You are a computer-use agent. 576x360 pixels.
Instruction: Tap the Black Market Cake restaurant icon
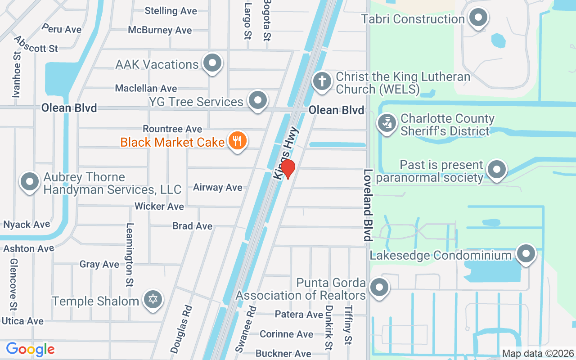[x=237, y=141]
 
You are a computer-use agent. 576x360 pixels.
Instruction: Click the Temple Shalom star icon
[x=153, y=299]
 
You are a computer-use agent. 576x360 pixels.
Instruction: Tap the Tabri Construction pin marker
[x=478, y=18]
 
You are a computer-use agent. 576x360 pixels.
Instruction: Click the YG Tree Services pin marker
[x=258, y=100]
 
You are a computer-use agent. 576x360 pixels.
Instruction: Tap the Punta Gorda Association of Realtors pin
[x=379, y=287]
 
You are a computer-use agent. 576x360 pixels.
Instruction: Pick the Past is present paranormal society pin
[x=497, y=170]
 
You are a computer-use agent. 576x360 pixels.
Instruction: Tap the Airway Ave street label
[x=218, y=187]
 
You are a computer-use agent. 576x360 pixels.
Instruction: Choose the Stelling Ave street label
[x=171, y=11]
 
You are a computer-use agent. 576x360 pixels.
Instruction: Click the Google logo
[x=30, y=349]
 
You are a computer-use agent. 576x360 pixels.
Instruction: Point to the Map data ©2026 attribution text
[x=538, y=354]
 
